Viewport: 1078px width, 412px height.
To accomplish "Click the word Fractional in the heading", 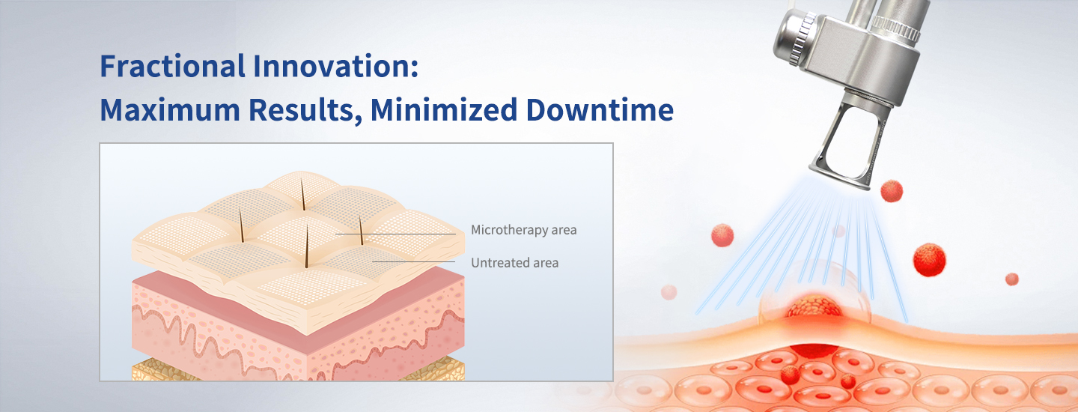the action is pos(172,66).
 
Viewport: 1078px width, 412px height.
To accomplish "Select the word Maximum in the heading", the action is pos(169,109).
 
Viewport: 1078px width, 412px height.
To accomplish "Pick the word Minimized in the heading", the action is pos(443,109).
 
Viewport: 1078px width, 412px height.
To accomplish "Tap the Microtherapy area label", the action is pos(523,230).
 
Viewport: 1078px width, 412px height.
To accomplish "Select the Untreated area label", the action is pos(514,263).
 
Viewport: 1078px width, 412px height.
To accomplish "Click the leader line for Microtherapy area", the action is pos(395,234).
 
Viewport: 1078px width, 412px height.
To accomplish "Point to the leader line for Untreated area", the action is pos(413,262).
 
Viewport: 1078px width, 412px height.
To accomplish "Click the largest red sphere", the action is pos(929,260).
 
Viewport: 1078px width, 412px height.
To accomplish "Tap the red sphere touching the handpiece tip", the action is pos(892,191).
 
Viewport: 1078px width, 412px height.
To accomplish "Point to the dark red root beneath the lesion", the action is pos(814,351).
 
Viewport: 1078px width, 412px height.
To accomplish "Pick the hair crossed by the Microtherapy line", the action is pos(361,231).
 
